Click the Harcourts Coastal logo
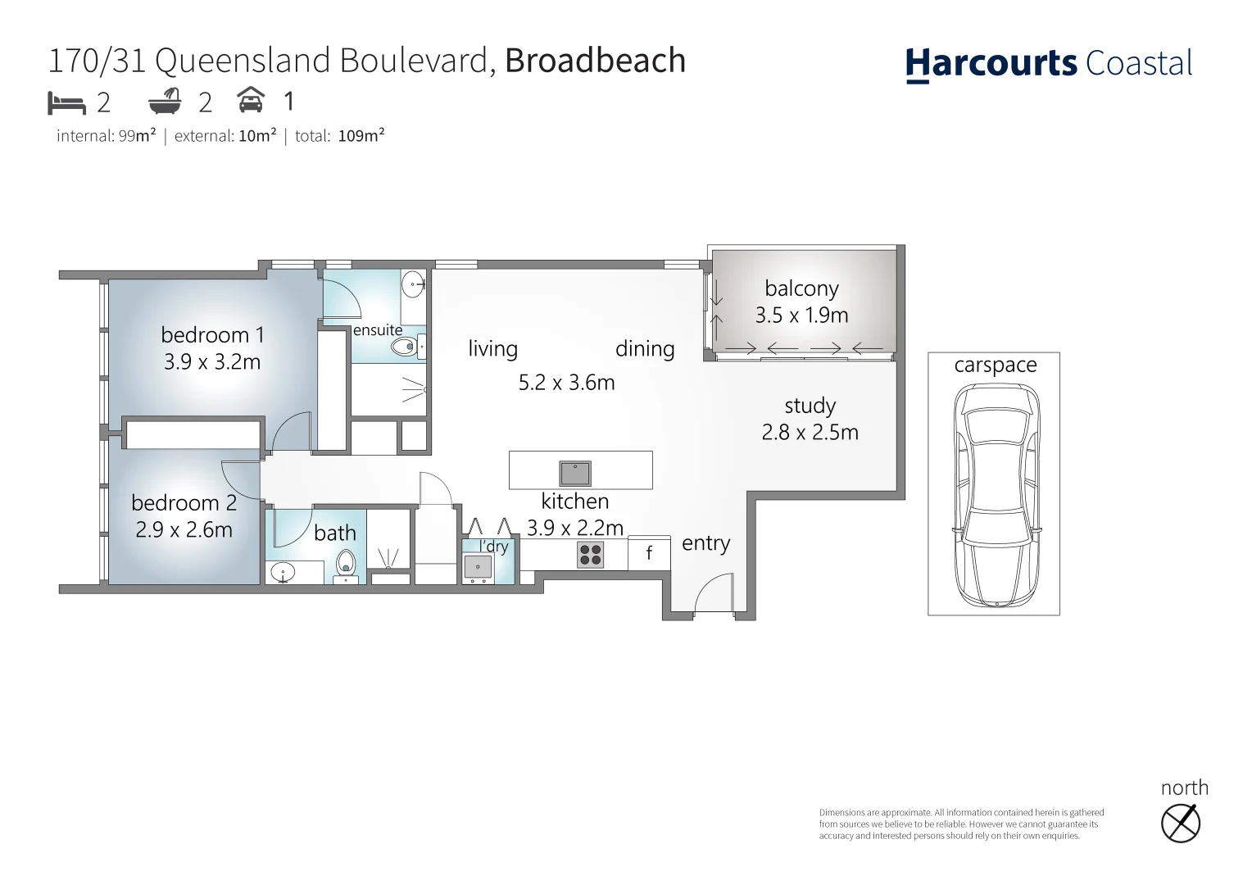1048,64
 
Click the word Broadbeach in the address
595,61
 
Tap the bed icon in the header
66,103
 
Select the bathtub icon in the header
165,102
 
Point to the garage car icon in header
251,101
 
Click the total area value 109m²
361,136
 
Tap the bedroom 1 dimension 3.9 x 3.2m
212,362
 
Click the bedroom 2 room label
184,502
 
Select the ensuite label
378,330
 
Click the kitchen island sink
575,473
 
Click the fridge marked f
649,553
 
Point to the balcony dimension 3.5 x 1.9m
801,315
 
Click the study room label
810,406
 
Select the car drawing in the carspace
996,495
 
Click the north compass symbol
1181,824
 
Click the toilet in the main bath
346,564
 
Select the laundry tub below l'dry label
478,566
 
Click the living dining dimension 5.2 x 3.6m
566,383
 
